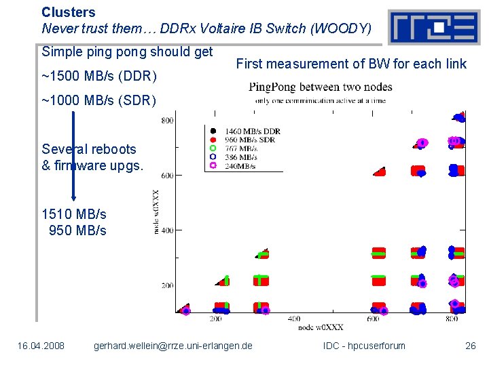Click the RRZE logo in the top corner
pos(434,27)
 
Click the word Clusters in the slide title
pos(69,12)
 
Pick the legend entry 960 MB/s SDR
pos(250,140)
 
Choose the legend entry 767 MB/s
pos(240,148)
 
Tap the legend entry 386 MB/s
pos(240,157)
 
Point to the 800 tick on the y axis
pos(167,121)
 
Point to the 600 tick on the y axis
pos(167,176)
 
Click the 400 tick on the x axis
pos(294,319)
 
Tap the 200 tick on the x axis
pos(215,319)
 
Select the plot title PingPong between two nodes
pos(320,87)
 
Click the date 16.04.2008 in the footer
pos(41,346)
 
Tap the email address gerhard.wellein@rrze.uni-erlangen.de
pos(173,346)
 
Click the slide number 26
pos(470,346)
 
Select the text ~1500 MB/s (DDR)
pos(99,75)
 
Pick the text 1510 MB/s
pos(74,214)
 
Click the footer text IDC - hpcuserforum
pos(364,346)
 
